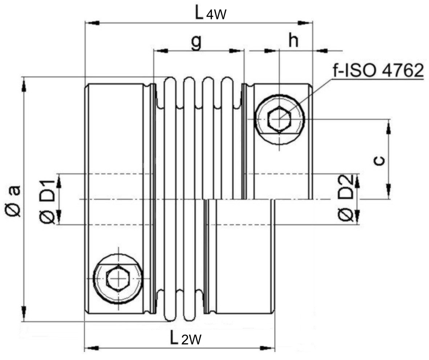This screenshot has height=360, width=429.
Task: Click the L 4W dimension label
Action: click(211, 13)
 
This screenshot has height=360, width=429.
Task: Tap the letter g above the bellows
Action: click(196, 42)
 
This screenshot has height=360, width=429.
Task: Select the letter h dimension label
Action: click(293, 41)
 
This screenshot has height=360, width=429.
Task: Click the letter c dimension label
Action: click(379, 160)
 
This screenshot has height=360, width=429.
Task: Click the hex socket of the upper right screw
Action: click(279, 119)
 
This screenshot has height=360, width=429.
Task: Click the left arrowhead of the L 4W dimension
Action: click(93, 23)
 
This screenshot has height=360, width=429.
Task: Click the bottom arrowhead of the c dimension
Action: click(388, 190)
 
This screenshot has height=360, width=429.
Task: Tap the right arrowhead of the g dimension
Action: click(234, 51)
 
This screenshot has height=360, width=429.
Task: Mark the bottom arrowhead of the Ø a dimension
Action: click(24, 312)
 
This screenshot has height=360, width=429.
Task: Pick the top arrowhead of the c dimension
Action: click(388, 128)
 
